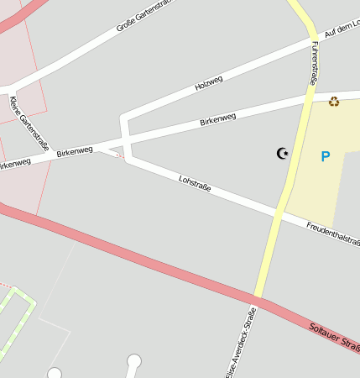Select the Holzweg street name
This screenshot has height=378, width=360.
click(208, 82)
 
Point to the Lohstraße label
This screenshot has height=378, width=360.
click(194, 185)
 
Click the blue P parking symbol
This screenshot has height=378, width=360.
click(326, 155)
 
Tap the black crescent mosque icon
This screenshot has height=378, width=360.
click(282, 153)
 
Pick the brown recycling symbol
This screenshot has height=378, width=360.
click(334, 102)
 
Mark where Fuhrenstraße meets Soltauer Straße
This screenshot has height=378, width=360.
click(257, 299)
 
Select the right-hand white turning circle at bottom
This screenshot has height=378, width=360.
click(134, 361)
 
